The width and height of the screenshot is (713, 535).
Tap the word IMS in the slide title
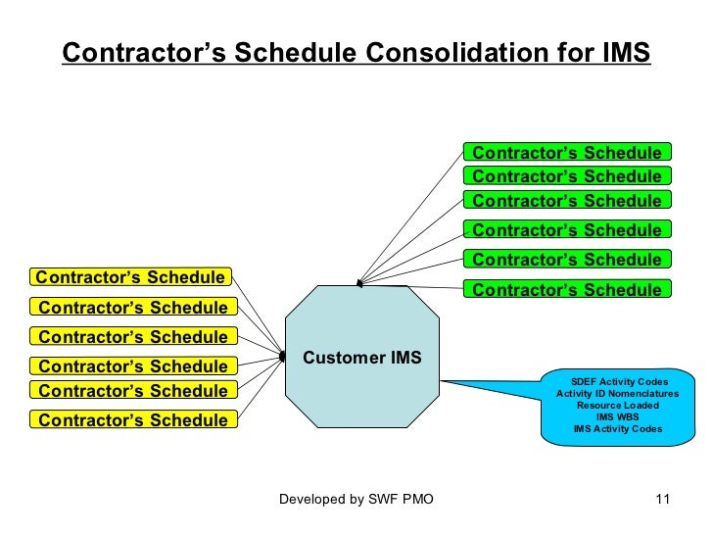point(622,53)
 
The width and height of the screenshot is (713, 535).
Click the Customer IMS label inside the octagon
point(361,358)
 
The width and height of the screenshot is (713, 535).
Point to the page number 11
point(661,500)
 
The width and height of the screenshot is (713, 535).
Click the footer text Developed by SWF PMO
point(356,500)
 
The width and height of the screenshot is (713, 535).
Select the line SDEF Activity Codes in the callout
point(619,381)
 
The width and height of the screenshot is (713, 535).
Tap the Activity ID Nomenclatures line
point(619,393)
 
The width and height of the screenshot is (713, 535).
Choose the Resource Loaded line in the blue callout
point(619,405)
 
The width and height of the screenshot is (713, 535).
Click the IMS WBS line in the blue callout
point(619,416)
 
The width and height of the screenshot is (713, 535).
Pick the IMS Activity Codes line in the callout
point(619,428)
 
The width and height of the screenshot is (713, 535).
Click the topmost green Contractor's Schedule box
point(567,152)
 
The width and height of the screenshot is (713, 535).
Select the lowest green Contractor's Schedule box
point(567,289)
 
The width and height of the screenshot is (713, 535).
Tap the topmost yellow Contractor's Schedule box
point(130,276)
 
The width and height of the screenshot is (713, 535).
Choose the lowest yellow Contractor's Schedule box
point(133,420)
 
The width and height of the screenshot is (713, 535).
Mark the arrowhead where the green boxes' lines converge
point(359,284)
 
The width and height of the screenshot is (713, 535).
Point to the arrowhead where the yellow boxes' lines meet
point(282,358)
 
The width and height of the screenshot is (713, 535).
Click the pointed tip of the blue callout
point(442,379)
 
